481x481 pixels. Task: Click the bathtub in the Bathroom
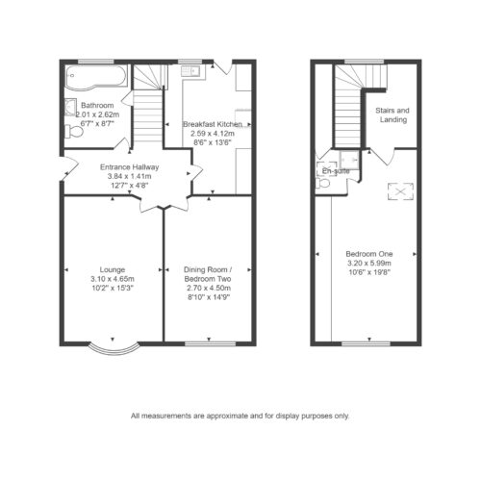(96, 77)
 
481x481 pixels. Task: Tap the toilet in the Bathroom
(74, 131)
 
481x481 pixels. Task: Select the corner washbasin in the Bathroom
(70, 108)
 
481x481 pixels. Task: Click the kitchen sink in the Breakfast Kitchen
(190, 71)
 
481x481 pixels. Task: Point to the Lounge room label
(113, 269)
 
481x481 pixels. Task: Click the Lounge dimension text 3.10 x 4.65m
(113, 279)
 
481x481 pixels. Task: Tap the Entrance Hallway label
(129, 167)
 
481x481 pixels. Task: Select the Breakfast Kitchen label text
(213, 124)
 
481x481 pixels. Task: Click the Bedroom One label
(369, 254)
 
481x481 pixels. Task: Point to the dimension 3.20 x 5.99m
(369, 264)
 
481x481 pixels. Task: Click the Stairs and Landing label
(392, 115)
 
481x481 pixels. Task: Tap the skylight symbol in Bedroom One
(400, 191)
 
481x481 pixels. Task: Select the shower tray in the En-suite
(350, 160)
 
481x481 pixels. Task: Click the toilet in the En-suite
(322, 184)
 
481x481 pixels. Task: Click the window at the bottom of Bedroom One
(366, 343)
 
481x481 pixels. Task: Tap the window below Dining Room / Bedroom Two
(211, 343)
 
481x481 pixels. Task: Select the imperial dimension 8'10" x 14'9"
(209, 297)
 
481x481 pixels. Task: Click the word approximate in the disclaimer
(227, 417)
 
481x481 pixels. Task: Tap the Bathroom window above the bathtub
(93, 62)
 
